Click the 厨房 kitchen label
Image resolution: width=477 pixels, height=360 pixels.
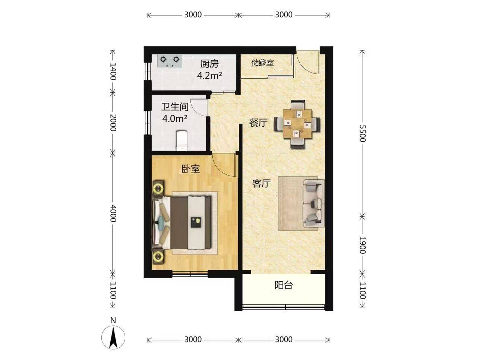(209, 64)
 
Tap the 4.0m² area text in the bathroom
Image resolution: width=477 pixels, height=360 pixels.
(175, 119)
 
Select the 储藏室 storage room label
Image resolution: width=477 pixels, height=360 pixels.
(262, 63)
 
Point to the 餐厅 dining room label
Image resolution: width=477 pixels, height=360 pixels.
(258, 123)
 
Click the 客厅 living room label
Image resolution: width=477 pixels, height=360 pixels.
(261, 183)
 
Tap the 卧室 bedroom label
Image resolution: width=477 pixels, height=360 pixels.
(190, 169)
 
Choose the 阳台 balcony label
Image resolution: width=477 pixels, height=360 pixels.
(284, 285)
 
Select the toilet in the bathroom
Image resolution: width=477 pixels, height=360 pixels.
(182, 140)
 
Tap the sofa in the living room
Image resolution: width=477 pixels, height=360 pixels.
(314, 203)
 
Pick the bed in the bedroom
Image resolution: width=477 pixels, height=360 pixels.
(182, 222)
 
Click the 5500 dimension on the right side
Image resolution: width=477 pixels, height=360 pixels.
(362, 133)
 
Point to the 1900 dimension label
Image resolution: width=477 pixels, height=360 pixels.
(362, 245)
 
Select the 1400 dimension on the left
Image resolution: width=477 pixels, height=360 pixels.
(113, 72)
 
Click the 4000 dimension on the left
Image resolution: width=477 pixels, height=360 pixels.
(113, 213)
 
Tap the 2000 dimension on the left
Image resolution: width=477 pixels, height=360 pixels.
(113, 123)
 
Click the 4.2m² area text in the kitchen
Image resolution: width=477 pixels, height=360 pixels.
(209, 76)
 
